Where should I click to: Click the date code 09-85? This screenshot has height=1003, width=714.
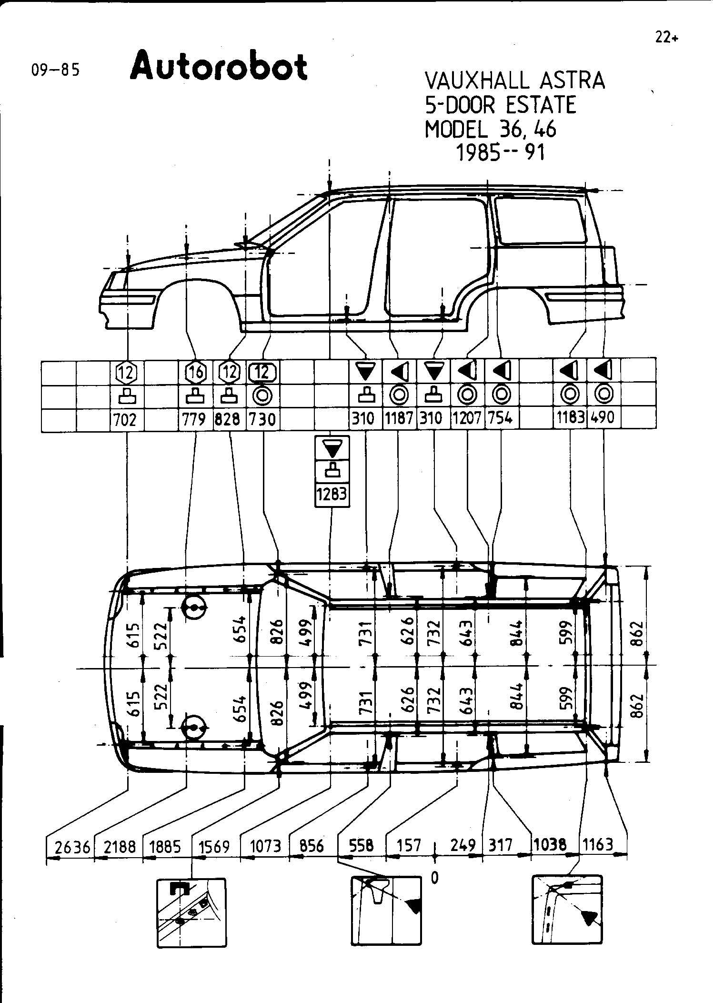[55, 70]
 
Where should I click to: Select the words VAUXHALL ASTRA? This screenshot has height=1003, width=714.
[514, 81]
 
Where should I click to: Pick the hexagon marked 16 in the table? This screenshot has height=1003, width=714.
[196, 372]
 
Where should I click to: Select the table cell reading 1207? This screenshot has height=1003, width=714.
[467, 418]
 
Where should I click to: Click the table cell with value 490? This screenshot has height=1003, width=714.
[603, 418]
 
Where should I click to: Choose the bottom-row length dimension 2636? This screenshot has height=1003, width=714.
[72, 847]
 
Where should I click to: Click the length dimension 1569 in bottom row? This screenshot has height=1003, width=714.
[214, 847]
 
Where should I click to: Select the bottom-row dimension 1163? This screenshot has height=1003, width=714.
[598, 845]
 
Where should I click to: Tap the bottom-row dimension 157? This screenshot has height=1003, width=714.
[409, 846]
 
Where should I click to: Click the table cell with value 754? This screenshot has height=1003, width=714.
[501, 418]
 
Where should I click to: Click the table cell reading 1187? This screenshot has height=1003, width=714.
[399, 418]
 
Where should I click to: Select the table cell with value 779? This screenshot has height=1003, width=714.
[195, 419]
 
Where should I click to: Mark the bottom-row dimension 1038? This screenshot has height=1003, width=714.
[550, 845]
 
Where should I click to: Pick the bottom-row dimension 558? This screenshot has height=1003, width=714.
[362, 846]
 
